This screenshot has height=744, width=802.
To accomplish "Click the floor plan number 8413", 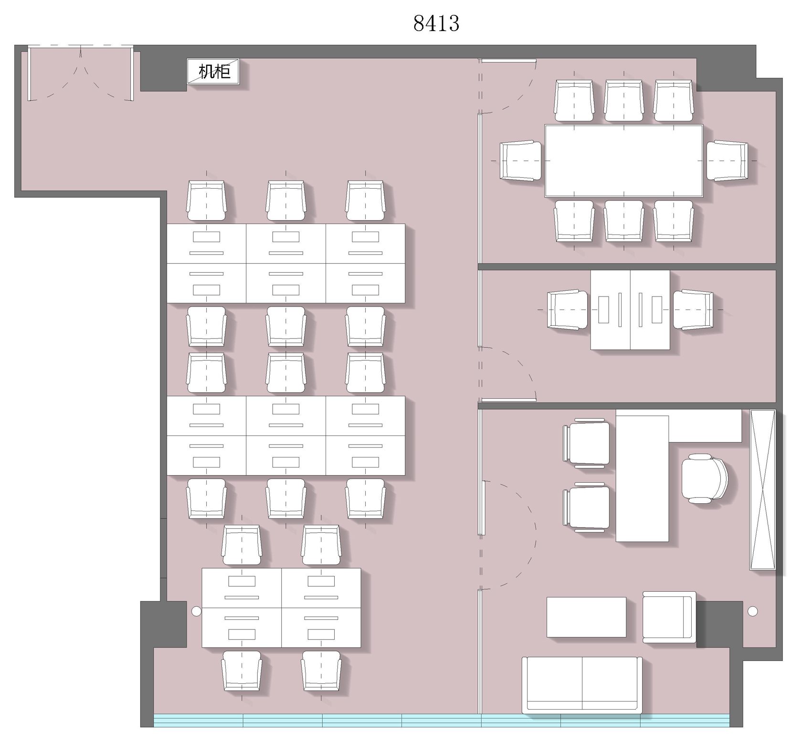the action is point(436,23).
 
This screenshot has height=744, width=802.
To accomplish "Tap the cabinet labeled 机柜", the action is point(212,72).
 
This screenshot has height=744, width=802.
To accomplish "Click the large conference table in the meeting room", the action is point(624,160).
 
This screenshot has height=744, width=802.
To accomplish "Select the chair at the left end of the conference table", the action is point(521,160).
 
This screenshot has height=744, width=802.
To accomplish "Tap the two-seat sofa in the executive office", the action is point(582,685).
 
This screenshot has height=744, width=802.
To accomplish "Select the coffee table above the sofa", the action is point(586,617).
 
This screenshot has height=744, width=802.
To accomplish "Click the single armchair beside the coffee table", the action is point(669,616).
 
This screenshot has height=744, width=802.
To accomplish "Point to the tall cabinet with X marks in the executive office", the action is point(762,489).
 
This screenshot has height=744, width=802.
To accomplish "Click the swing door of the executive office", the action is point(508,535).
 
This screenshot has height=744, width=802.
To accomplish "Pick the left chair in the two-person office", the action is point(568,309).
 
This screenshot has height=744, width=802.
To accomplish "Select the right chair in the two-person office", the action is point(694,309).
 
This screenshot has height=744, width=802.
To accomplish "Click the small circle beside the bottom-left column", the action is point(196,611).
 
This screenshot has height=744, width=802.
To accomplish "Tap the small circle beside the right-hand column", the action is point(753,611).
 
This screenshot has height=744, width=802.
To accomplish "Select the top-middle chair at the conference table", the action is point(624,100).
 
